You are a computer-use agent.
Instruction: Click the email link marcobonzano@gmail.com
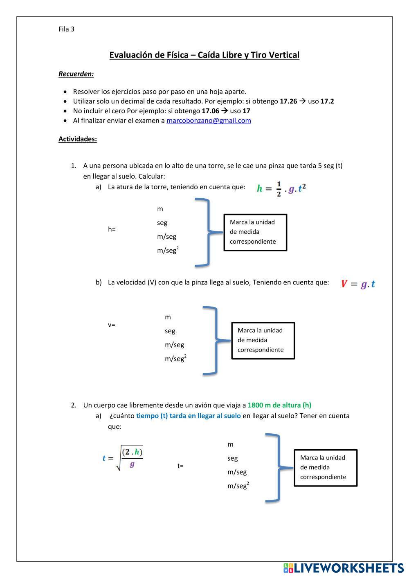point(209,121)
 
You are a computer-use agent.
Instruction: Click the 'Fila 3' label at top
point(66,29)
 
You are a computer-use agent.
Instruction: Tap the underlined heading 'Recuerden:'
point(76,74)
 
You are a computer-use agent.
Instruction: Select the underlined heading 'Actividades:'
point(78,139)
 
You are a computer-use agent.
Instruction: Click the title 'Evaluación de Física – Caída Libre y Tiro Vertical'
point(204,55)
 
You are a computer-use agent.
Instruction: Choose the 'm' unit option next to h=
point(160,209)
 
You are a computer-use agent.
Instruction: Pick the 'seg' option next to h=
point(162,223)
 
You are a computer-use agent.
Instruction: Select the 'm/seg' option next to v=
point(174,345)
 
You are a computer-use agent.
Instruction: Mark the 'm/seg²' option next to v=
point(175,358)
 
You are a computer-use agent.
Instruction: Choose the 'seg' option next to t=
point(233,458)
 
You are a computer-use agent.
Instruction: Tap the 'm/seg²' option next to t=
point(238,486)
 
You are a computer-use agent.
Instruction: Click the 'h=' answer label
point(112,229)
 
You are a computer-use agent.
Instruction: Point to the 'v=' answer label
point(111,325)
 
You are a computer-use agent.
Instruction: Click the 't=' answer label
point(180,466)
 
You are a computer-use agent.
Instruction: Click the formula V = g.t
point(358,284)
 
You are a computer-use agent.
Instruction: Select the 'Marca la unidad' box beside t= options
point(326,468)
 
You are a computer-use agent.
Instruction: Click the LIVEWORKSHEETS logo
point(344,568)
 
